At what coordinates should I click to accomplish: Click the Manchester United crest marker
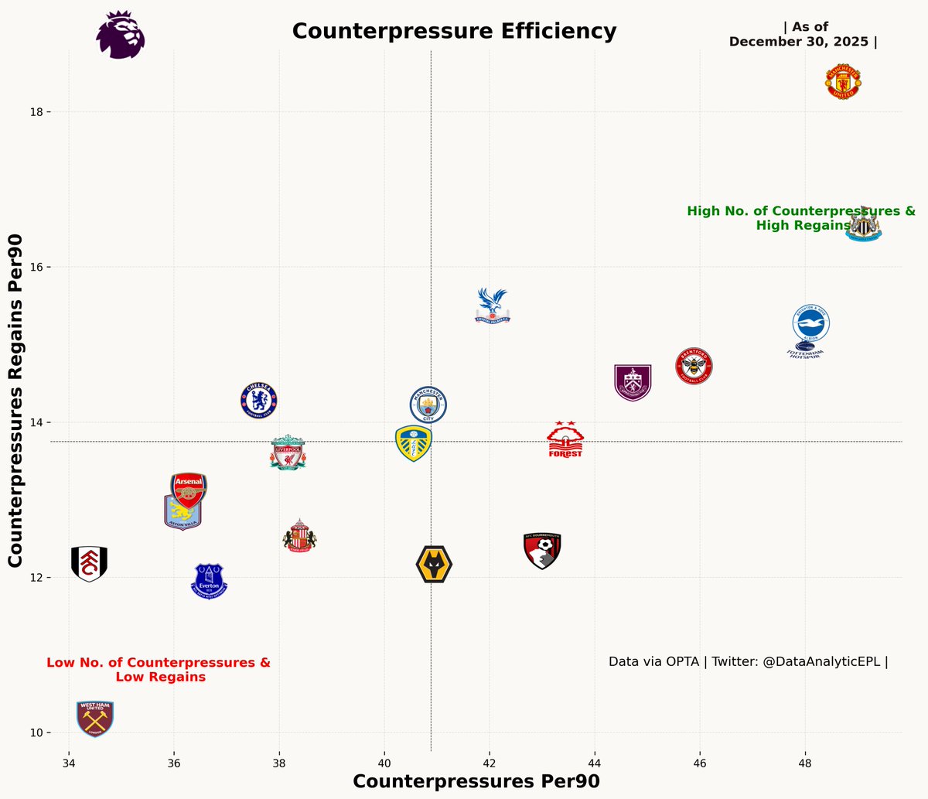(x=842, y=82)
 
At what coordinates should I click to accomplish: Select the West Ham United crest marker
(x=95, y=719)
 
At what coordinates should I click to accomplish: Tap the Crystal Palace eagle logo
(x=493, y=305)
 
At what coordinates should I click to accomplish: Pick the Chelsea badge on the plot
(x=259, y=401)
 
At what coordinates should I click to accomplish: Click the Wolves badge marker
(x=434, y=565)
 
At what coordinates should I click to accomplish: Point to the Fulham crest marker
(x=89, y=563)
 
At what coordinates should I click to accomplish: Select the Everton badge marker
(x=209, y=581)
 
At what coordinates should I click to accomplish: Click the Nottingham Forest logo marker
(x=565, y=441)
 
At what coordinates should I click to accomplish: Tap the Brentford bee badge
(x=694, y=366)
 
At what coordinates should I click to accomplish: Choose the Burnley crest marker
(x=633, y=382)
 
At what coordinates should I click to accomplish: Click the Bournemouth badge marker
(x=542, y=551)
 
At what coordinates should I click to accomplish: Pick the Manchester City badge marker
(x=428, y=404)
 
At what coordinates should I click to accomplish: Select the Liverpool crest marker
(x=288, y=453)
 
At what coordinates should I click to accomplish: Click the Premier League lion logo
(x=120, y=35)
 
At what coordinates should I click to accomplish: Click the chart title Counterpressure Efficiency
(x=454, y=31)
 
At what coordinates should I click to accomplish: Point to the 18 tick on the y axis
(x=36, y=112)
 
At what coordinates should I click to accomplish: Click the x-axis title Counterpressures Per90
(x=476, y=781)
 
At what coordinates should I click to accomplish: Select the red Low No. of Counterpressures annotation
(x=159, y=670)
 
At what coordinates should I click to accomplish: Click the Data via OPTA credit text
(x=748, y=662)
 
